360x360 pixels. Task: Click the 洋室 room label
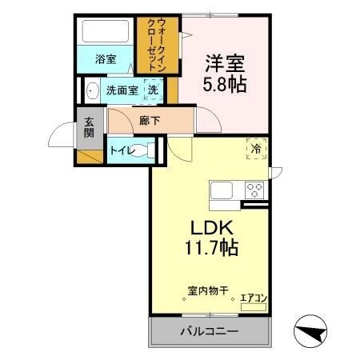tap(224, 62)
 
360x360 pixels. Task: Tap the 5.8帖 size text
tap(224, 82)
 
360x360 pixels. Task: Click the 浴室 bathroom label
tap(105, 58)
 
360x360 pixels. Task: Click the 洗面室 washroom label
tap(122, 90)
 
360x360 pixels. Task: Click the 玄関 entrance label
tap(89, 127)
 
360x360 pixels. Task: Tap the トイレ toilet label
tap(120, 149)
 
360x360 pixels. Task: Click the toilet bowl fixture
tap(144, 150)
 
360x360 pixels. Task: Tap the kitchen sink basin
tap(221, 191)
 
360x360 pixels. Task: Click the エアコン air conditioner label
tap(254, 298)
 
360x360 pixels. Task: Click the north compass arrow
tap(314, 330)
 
